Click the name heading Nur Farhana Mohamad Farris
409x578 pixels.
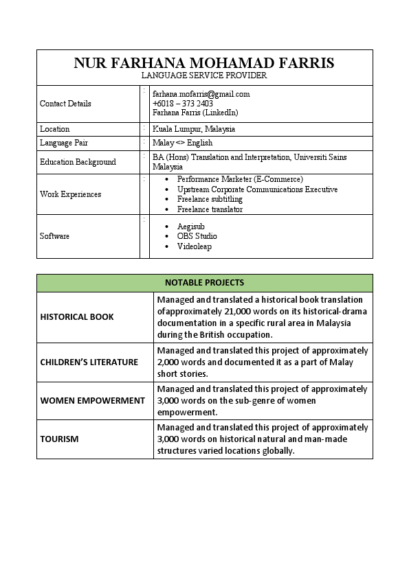(x=204, y=63)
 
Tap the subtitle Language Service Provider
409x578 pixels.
(x=204, y=76)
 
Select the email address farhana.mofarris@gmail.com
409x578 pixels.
(x=201, y=94)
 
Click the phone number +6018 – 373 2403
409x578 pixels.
(x=183, y=104)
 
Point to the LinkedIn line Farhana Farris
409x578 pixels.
(x=195, y=113)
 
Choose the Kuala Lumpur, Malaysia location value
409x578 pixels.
(x=194, y=129)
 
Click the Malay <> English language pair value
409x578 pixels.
(x=182, y=143)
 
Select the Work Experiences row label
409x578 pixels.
(x=70, y=194)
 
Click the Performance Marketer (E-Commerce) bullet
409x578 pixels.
(x=240, y=179)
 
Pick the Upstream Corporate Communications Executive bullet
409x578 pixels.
(x=257, y=189)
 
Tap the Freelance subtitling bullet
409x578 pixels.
(x=210, y=199)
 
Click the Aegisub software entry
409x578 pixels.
(x=191, y=227)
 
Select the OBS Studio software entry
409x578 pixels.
(x=197, y=236)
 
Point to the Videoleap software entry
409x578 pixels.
(x=195, y=246)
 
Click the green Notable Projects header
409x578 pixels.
(x=204, y=283)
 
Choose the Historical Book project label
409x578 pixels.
(x=77, y=317)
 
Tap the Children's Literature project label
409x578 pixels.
(x=89, y=362)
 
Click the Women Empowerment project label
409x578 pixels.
(x=92, y=400)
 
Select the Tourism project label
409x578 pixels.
(x=59, y=439)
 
